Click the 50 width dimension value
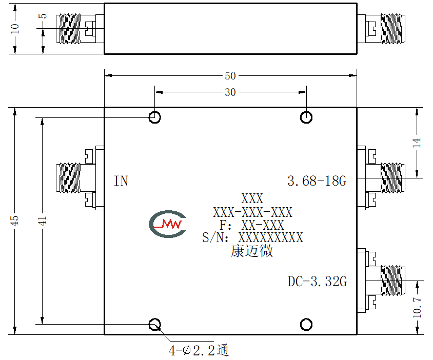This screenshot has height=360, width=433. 230,76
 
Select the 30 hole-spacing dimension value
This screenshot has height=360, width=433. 230,92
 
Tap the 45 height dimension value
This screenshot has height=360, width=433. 15,221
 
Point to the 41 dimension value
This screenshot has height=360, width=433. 42,221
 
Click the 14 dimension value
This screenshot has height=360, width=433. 417,143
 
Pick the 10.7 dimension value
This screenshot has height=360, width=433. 417,308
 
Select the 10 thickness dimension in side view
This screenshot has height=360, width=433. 15,28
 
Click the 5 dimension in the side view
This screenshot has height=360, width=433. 43,16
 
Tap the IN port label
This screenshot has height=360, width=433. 121,181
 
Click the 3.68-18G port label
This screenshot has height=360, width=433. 317,181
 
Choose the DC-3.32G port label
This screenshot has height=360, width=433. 317,282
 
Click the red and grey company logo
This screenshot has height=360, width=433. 168,224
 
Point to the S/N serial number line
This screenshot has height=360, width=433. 252,237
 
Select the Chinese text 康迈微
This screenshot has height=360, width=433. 252,251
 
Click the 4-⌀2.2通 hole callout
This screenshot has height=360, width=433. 199,351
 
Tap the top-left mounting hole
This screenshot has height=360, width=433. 154,117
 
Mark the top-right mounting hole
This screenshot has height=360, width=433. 306,117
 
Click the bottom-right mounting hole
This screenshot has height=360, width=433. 306,325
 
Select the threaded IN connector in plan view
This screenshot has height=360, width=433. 68,178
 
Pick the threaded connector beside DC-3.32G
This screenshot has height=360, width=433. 392,281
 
